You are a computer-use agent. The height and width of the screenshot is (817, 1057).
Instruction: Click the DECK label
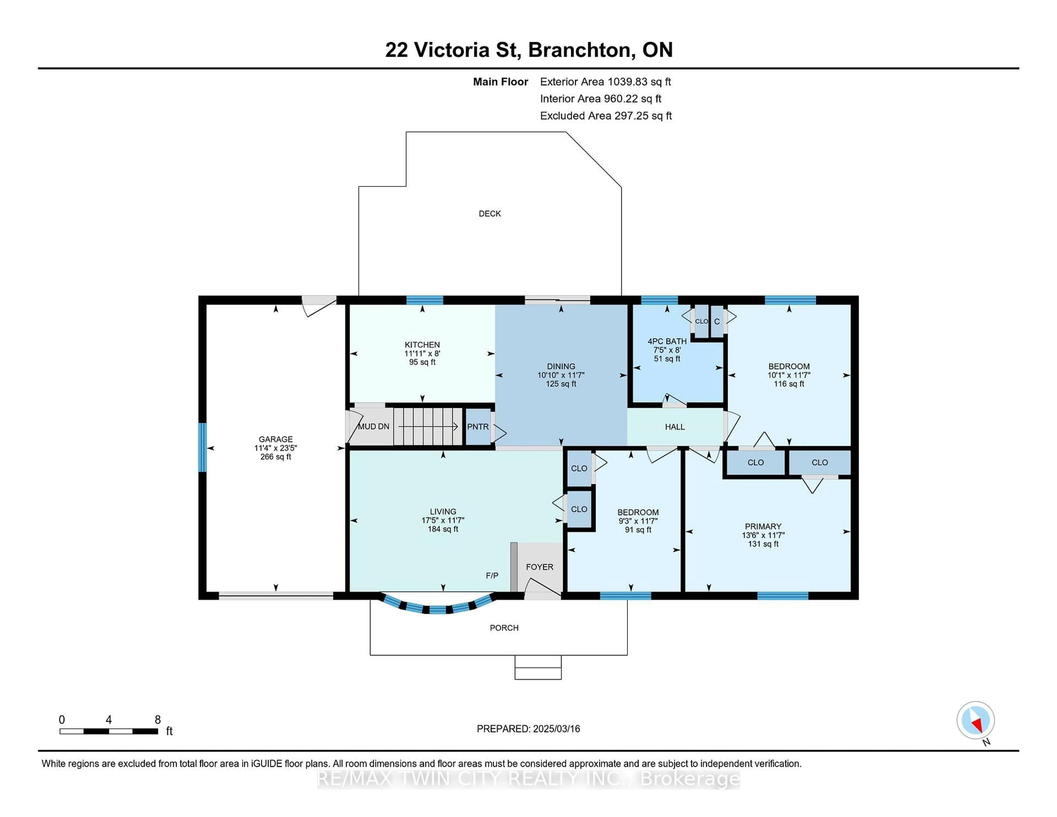pyautogui.click(x=489, y=213)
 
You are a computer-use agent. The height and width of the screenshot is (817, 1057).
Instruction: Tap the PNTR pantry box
pyautogui.click(x=478, y=426)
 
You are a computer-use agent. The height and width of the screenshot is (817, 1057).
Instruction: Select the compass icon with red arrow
pyautogui.click(x=975, y=720)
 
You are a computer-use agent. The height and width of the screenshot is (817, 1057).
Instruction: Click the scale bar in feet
pyautogui.click(x=109, y=731)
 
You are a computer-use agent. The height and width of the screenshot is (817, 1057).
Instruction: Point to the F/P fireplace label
pyautogui.click(x=492, y=576)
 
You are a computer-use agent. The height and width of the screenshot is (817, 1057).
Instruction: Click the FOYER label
pyautogui.click(x=539, y=567)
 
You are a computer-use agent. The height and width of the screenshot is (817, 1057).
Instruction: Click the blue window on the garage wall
pyautogui.click(x=202, y=447)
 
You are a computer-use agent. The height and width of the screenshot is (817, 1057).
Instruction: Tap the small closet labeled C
pyautogui.click(x=717, y=322)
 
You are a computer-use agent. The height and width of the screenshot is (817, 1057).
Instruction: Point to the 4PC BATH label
pyautogui.click(x=667, y=341)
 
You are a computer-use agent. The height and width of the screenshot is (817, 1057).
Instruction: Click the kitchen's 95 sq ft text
pyautogui.click(x=422, y=362)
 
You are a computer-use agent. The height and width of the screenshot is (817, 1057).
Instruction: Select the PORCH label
pyautogui.click(x=504, y=628)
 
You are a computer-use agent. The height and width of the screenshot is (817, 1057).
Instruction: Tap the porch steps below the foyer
pyautogui.click(x=538, y=668)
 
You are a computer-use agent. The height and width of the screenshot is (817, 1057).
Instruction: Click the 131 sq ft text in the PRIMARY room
pyautogui.click(x=763, y=544)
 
